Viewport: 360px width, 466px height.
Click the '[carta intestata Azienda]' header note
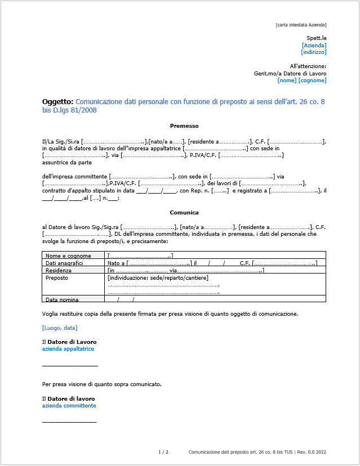[301, 25]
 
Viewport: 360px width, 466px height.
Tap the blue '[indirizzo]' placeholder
[314, 52]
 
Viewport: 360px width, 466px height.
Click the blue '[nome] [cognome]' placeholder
[302, 80]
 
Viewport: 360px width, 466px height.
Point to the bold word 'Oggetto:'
[57, 102]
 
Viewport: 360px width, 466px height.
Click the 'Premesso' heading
[184, 126]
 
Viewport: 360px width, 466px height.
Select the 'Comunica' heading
[184, 213]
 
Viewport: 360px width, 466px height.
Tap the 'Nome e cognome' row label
[65, 256]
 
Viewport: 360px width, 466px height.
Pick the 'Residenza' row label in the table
[59, 270]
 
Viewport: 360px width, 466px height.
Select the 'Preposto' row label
[57, 277]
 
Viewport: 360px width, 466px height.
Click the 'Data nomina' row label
[62, 299]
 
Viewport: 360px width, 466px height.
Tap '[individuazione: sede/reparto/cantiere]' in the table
[158, 277]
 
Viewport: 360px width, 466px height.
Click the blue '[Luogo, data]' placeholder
[60, 328]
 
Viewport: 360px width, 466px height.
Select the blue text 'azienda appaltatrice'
[68, 349]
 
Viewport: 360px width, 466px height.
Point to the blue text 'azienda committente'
[69, 406]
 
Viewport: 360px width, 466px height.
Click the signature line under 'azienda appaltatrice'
[70, 366]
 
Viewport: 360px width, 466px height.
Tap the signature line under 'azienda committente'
[69, 422]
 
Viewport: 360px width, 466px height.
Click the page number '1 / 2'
[163, 452]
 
